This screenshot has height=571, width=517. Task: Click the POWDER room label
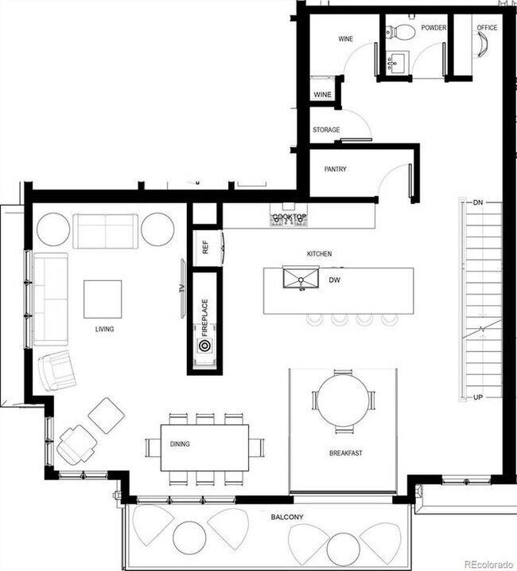[433, 28]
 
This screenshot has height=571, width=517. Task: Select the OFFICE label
[487, 28]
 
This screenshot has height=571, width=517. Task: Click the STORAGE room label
[326, 130]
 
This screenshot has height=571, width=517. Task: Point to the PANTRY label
[335, 170]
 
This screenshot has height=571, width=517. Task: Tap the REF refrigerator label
[205, 248]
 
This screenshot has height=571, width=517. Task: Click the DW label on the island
[335, 280]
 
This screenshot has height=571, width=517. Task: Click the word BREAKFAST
[346, 453]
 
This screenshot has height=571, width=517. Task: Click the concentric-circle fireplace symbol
[204, 346]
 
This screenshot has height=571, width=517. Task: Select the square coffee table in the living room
[103, 299]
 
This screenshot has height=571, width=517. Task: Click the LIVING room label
[103, 328]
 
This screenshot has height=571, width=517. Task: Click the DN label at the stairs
[478, 203]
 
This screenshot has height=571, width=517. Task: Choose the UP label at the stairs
[477, 397]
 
